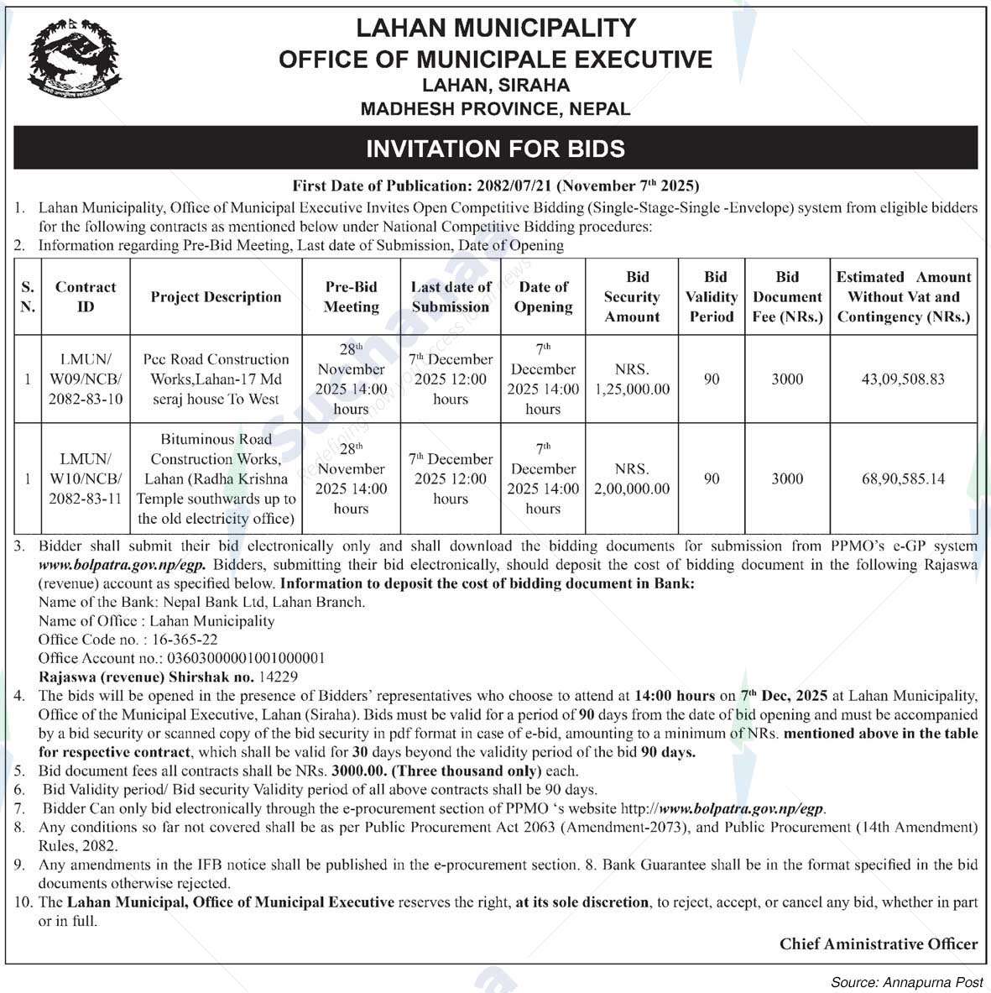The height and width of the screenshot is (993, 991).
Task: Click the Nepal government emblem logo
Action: (73, 60)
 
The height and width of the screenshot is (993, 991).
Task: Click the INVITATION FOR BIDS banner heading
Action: (495, 149)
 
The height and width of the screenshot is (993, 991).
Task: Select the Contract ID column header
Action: (85, 296)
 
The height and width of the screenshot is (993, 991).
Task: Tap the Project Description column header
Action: (216, 296)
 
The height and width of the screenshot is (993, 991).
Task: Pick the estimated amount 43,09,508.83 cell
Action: (903, 379)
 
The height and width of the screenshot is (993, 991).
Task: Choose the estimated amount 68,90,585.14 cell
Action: (903, 478)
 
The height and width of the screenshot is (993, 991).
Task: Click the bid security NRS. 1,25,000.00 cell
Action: (632, 379)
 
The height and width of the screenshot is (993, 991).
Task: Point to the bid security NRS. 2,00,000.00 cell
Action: (632, 478)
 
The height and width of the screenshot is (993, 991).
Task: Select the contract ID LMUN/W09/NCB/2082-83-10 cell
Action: (85, 379)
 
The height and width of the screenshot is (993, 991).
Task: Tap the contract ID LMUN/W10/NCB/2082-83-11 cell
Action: (85, 478)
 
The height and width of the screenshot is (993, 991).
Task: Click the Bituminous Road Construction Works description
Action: (216, 478)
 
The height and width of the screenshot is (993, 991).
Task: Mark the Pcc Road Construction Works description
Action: (216, 379)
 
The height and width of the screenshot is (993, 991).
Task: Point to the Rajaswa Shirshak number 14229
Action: (278, 676)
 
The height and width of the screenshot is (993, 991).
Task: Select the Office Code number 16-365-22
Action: (184, 639)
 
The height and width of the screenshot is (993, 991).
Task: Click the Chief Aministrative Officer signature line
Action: (878, 943)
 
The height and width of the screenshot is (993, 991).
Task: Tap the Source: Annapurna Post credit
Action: (906, 981)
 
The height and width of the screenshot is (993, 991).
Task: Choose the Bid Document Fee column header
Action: (787, 296)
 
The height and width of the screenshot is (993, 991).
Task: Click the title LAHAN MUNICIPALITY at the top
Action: (495, 28)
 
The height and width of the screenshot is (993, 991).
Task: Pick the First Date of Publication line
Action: (495, 186)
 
